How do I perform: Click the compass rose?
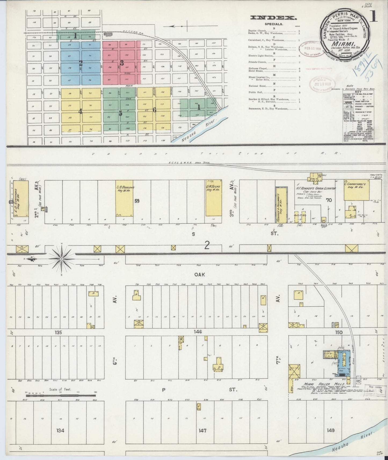coord(61,259)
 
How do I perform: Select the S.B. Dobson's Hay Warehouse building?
coord(124,198)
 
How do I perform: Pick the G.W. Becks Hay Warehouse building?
coord(213,198)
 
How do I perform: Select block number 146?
coord(198,332)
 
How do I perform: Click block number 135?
coord(58,332)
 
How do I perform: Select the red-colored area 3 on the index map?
coord(122,63)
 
